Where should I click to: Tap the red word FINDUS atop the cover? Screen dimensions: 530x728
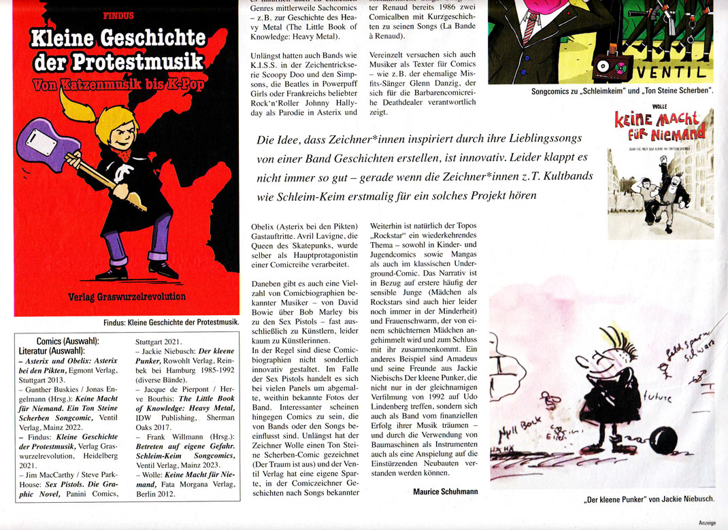[x=117, y=14]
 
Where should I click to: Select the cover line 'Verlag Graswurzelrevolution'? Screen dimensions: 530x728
[x=127, y=297]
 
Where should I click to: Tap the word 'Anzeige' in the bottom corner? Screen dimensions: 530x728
[x=712, y=523]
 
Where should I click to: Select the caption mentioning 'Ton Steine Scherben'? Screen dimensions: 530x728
[x=622, y=90]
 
